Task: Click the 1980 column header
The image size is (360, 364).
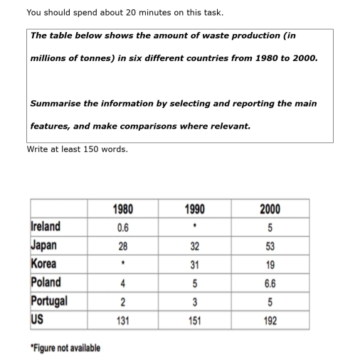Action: [x=123, y=209]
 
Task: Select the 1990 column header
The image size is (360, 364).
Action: [x=194, y=209]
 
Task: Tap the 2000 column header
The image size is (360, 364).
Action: [x=270, y=209]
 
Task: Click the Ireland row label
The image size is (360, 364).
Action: [x=46, y=227]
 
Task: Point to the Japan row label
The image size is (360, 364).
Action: [x=43, y=246]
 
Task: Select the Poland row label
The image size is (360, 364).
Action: [x=46, y=282]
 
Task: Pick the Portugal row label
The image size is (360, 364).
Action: [x=49, y=301]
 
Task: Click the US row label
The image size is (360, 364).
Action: [x=36, y=318]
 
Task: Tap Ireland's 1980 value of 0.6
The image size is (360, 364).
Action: [x=123, y=228]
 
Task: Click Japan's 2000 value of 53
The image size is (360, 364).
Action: [x=270, y=247]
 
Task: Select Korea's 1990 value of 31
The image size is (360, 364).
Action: [x=194, y=265]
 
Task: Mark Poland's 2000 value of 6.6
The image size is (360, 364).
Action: [x=270, y=283]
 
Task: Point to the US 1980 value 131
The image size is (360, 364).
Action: [x=123, y=320]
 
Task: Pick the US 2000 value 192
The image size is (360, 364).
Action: [x=270, y=320]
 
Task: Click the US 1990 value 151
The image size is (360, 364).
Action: [x=194, y=320]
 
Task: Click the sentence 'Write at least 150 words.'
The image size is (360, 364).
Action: [x=77, y=149]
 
